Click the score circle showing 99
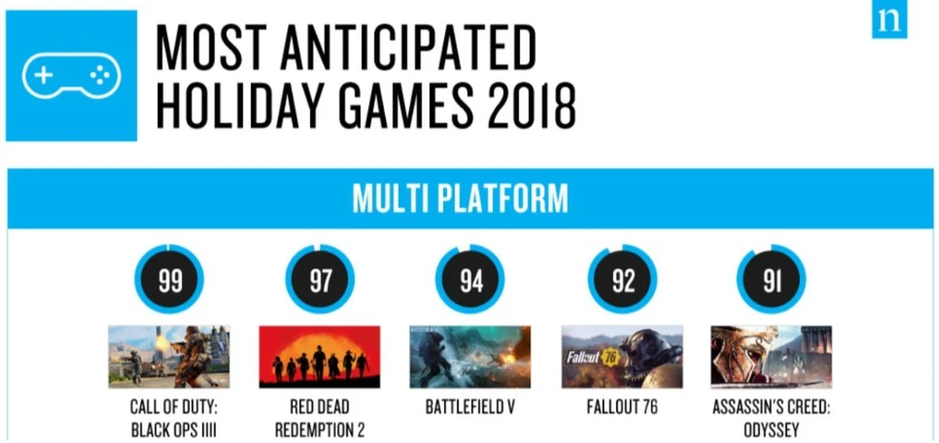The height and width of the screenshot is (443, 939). (x=169, y=279)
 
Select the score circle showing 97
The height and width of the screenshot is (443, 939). (x=320, y=279)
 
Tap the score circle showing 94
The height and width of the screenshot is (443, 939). (x=470, y=279)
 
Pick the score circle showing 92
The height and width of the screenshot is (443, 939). (x=623, y=279)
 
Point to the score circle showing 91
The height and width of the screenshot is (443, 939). (x=771, y=279)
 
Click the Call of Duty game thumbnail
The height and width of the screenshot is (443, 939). (x=169, y=357)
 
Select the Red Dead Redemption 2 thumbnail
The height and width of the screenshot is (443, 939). (x=319, y=357)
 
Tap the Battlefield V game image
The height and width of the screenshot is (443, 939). (x=470, y=357)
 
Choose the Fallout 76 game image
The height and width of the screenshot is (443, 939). (x=622, y=357)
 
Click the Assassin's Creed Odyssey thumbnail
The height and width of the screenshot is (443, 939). (x=771, y=357)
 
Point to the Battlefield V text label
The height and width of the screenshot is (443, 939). (x=470, y=407)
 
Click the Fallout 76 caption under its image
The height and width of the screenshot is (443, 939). (x=622, y=407)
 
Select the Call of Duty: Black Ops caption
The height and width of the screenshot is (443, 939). (x=173, y=419)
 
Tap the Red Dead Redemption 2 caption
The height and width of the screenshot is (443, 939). (x=319, y=419)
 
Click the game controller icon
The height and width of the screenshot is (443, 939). (x=71, y=75)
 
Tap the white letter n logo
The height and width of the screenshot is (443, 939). (x=889, y=21)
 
